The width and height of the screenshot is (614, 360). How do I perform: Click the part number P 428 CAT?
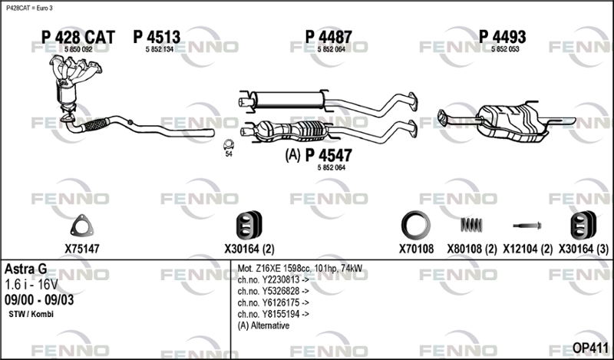(77, 37)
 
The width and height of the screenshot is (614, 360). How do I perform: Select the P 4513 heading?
(157, 37)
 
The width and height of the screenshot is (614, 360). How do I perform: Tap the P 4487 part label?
(328, 37)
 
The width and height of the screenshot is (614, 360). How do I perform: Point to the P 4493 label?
(503, 37)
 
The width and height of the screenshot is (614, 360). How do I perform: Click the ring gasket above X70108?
(415, 226)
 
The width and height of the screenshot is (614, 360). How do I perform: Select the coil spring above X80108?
(471, 224)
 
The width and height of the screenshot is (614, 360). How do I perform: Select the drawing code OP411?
(590, 347)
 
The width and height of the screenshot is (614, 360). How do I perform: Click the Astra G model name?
(26, 269)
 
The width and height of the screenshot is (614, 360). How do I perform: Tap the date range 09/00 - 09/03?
(39, 300)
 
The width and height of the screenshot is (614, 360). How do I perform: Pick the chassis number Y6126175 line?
(274, 302)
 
